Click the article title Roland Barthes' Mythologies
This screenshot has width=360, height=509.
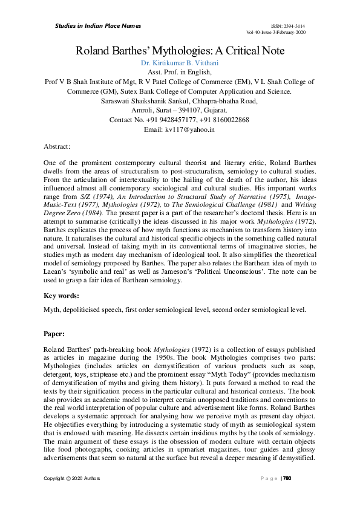180,51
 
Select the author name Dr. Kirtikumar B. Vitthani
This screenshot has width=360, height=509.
180,63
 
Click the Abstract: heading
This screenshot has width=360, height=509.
57,146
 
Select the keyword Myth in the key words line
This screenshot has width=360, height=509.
51,310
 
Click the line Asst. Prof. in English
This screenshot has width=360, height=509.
180,72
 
